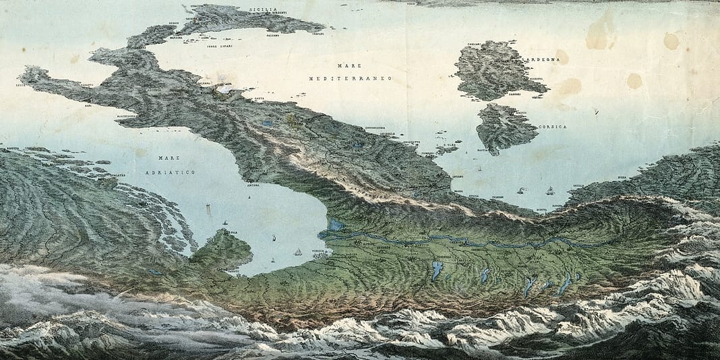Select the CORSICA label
pos(552,127)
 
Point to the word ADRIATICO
pos(170,173)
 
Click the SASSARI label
pos(514,96)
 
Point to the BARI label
pos(88,105)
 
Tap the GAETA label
pos(260,98)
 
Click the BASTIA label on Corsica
pos(483,150)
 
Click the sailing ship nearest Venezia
pos(297,251)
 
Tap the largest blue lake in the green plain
pos(437,271)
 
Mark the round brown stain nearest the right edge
pos(671,42)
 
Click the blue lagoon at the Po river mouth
pos(335,227)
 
